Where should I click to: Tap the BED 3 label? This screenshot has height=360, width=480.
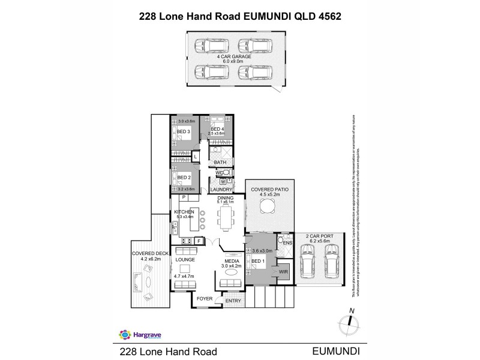(x=184, y=132)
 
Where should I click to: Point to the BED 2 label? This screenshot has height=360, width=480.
(x=184, y=177)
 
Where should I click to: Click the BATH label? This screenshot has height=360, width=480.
(x=220, y=162)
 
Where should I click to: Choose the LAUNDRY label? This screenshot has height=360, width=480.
(x=221, y=189)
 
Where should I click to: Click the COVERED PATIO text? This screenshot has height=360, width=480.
(x=269, y=189)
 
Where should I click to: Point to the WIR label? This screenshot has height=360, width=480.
(x=283, y=271)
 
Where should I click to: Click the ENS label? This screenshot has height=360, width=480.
(x=287, y=243)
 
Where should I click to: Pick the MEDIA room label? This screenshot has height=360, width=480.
(x=231, y=262)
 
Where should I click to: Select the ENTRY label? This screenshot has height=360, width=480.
(x=232, y=301)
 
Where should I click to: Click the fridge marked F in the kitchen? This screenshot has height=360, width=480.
(x=199, y=241)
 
